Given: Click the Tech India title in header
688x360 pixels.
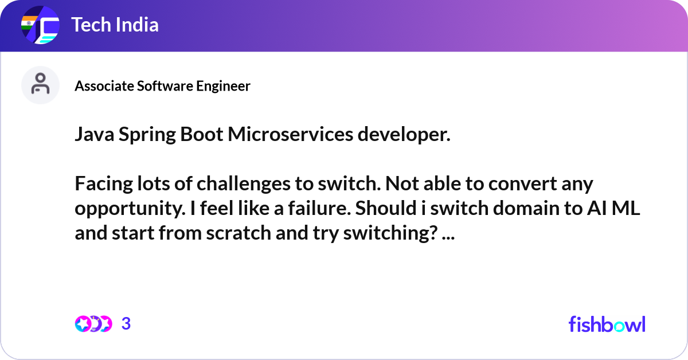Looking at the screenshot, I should [x=115, y=25].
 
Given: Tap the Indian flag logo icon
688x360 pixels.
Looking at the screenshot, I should [x=40, y=25].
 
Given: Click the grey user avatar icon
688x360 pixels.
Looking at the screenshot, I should [x=40, y=85].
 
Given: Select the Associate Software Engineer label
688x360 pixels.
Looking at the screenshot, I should [x=162, y=86].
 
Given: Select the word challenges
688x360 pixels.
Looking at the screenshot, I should [x=244, y=185].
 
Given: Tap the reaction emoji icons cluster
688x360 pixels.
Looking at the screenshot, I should [x=93, y=324].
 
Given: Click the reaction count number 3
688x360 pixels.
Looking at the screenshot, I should [x=126, y=324].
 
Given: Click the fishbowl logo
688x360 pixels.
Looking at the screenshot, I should [x=607, y=324].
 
